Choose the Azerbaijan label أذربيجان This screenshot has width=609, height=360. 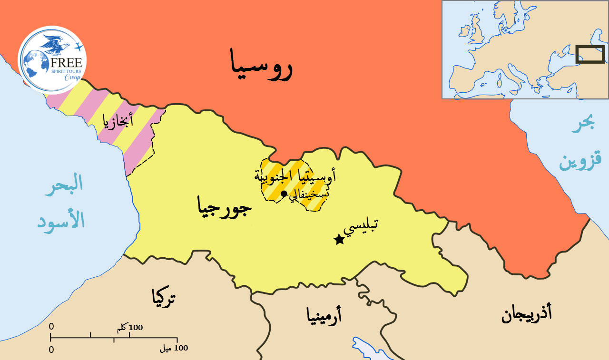pos(527,314)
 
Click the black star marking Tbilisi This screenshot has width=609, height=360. pos(339,240)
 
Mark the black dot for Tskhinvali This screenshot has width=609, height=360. pos(284,194)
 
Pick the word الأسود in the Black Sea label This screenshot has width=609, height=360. pos(61,220)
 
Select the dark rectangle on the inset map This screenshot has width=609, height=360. pos(590,54)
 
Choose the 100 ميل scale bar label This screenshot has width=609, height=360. pos(174,349)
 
